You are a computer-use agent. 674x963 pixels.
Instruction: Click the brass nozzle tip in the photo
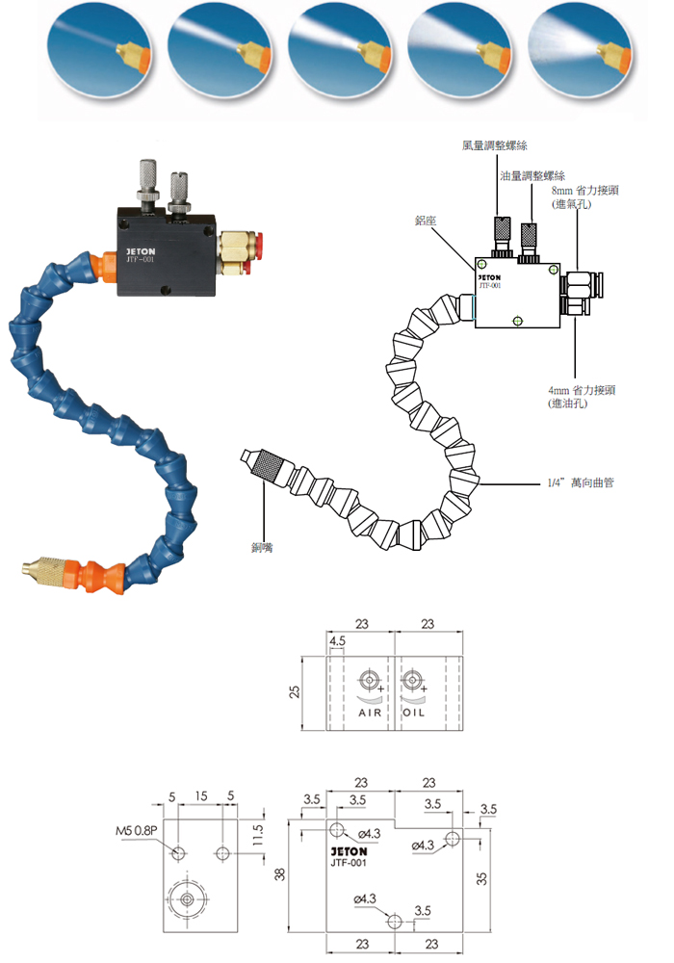45,570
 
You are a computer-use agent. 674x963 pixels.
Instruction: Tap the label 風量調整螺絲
494,145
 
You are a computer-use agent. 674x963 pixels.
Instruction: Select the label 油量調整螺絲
532,176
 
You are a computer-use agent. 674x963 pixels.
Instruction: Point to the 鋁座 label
426,221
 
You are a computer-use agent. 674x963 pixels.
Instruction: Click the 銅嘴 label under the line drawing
263,547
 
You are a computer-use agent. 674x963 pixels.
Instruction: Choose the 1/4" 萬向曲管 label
580,482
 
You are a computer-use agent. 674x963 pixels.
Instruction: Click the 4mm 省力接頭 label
582,390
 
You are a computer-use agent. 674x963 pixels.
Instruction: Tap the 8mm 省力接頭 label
585,191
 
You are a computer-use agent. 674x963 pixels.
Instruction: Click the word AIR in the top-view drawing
370,713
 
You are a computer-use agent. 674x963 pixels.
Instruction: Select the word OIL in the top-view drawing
413,713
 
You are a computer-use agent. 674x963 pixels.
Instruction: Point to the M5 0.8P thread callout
137,830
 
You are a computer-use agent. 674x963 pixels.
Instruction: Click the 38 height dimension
280,873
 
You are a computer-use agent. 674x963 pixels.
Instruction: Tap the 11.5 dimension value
258,835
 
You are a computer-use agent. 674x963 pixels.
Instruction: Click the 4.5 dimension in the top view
337,640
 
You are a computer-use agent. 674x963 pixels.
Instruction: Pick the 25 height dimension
295,691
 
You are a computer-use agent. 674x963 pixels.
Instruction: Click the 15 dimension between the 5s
200,796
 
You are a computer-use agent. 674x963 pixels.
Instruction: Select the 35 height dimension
481,878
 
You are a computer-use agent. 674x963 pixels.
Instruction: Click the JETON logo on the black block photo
141,251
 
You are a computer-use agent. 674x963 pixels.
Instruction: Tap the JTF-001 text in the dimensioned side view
349,862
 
